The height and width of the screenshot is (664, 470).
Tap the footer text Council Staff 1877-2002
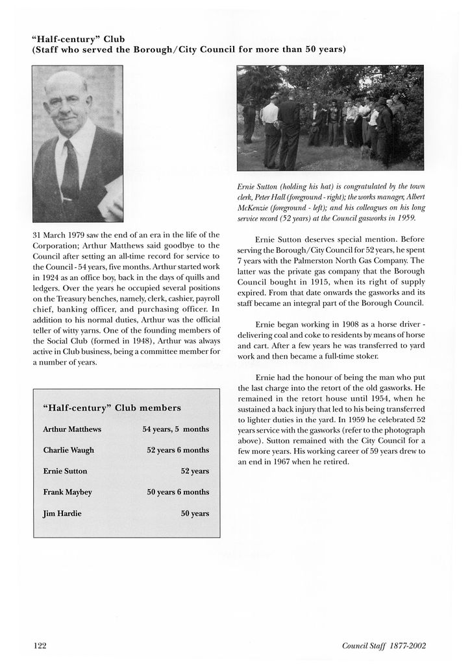pyautogui.click(x=384, y=645)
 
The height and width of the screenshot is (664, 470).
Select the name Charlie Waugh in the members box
pyautogui.click(x=68, y=450)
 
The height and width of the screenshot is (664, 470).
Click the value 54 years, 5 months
pyautogui.click(x=175, y=429)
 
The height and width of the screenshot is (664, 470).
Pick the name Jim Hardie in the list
pyautogui.click(x=62, y=514)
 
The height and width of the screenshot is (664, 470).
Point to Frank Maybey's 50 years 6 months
pyautogui.click(x=178, y=492)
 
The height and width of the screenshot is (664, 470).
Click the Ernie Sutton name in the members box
pyautogui.click(x=65, y=471)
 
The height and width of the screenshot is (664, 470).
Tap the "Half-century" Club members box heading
pyautogui.click(x=112, y=408)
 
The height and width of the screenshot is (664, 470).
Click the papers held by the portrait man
pyautogui.click(x=111, y=198)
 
